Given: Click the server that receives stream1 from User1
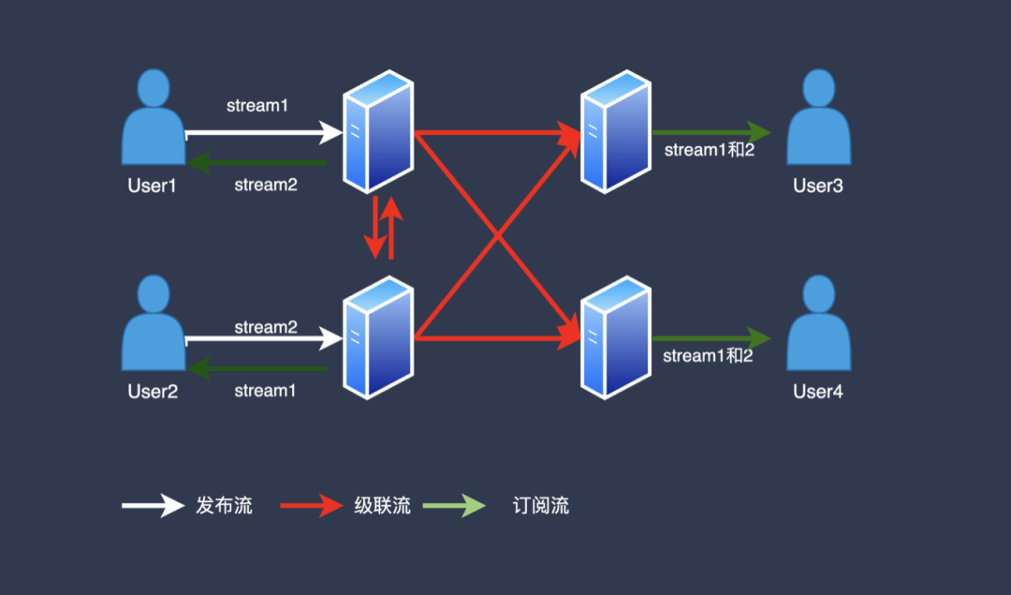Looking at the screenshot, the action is (378, 131).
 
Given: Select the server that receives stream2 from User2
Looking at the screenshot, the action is (378, 337).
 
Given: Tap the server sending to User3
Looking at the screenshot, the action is (616, 131).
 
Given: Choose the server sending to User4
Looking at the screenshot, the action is (616, 337).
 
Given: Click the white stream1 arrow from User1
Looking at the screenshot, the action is (264, 133).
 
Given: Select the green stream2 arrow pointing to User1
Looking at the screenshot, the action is (257, 163).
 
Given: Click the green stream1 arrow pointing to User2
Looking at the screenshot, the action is (257, 368).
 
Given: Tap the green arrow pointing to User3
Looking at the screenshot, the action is (711, 132).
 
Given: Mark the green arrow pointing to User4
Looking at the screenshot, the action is (711, 338).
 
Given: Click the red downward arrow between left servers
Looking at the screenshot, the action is (375, 227).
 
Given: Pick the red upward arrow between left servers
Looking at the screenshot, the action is (391, 227).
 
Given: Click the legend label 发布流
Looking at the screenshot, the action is (224, 505).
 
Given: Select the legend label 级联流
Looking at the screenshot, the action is (382, 505).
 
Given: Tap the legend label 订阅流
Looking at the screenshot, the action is (541, 505).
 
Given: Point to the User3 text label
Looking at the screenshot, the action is (818, 186).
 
